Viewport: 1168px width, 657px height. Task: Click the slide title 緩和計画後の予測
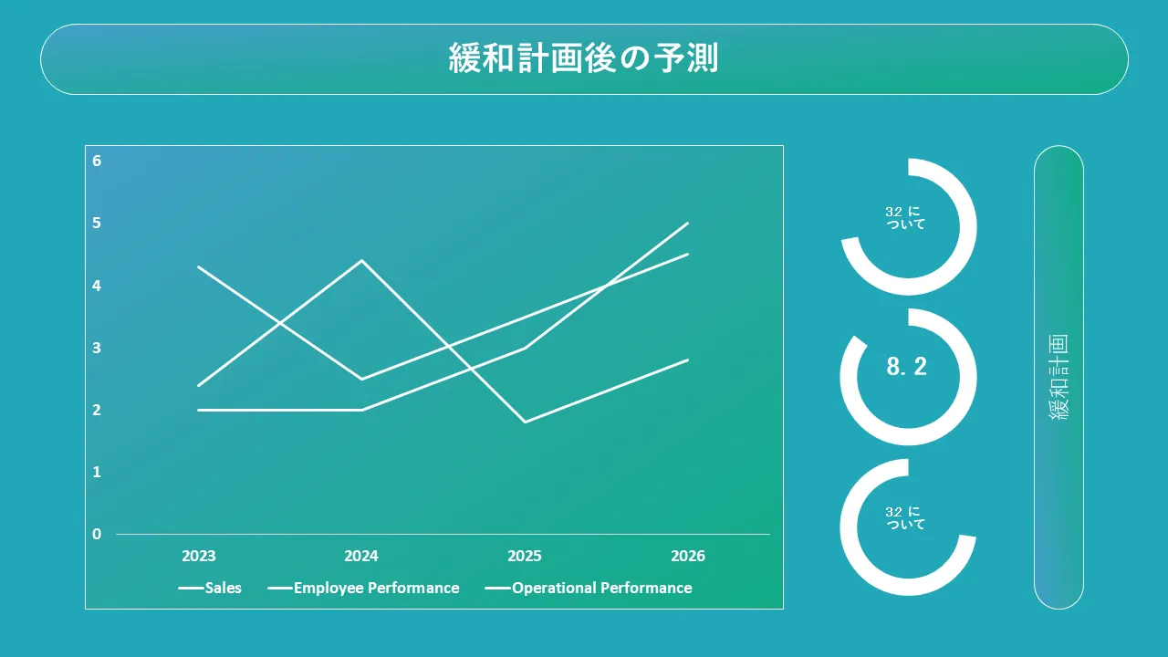583,57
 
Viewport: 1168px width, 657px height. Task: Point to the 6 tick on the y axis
97,161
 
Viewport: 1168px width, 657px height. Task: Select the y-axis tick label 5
97,224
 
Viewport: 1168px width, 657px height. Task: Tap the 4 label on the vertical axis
97,286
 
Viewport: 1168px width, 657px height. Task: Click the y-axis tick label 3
97,348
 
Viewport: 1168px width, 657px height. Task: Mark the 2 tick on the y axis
97,410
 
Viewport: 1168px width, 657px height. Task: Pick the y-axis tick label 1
97,472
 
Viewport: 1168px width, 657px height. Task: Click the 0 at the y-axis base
97,534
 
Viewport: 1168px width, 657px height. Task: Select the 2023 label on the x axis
199,556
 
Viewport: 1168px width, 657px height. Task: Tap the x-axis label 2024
361,556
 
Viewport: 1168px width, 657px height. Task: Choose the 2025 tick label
525,556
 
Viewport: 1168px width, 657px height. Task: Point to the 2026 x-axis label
688,556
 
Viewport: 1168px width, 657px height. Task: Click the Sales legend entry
210,588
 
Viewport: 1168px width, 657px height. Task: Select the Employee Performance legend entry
363,589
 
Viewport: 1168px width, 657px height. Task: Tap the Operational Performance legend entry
589,589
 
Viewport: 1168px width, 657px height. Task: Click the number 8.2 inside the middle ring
907,367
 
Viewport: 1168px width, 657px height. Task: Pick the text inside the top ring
905,218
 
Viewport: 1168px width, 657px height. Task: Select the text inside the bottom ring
905,518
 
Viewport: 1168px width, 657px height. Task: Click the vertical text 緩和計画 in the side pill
1058,377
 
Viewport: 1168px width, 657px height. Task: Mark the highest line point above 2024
362,260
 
